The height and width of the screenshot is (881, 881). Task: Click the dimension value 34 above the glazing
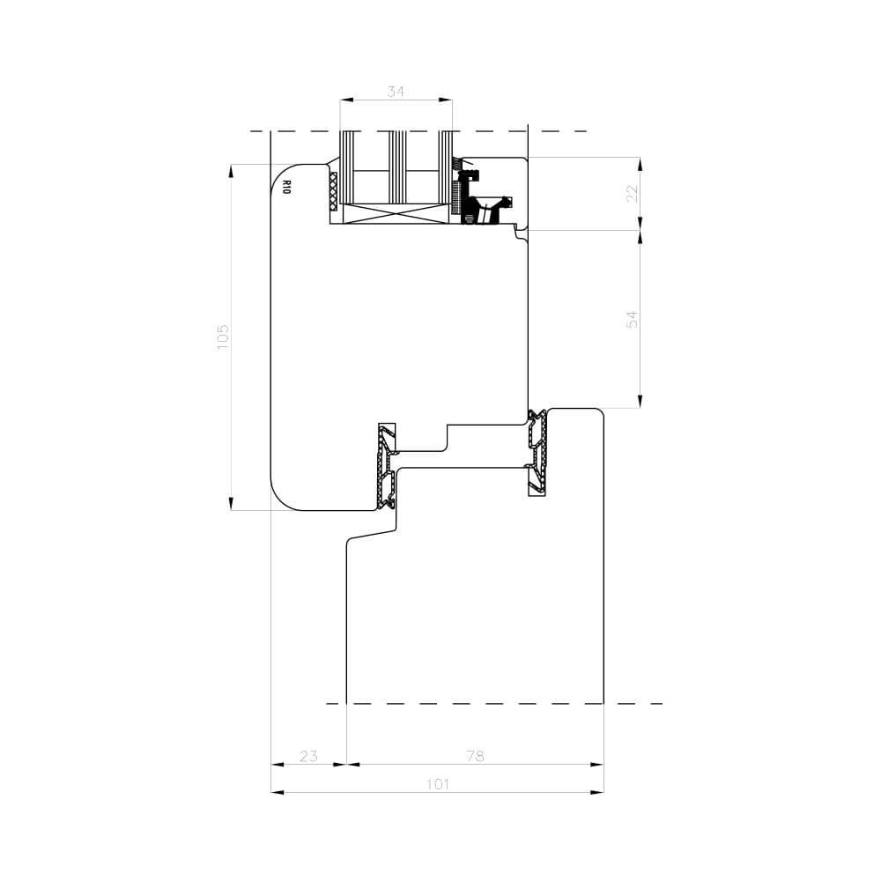click(396, 91)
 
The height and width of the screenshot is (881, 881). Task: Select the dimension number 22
click(632, 194)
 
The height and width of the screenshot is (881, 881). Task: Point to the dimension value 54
click(632, 319)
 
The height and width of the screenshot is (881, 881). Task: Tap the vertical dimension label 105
click(223, 337)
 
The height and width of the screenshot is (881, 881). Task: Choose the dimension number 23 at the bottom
click(308, 756)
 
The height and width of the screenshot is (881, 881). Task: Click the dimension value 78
click(476, 756)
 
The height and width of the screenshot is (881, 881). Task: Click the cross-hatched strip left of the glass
click(333, 191)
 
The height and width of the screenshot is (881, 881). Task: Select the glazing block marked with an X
click(396, 214)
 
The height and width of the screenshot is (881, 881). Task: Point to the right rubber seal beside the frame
click(537, 451)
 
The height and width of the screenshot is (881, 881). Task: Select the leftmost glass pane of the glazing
click(347, 167)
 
